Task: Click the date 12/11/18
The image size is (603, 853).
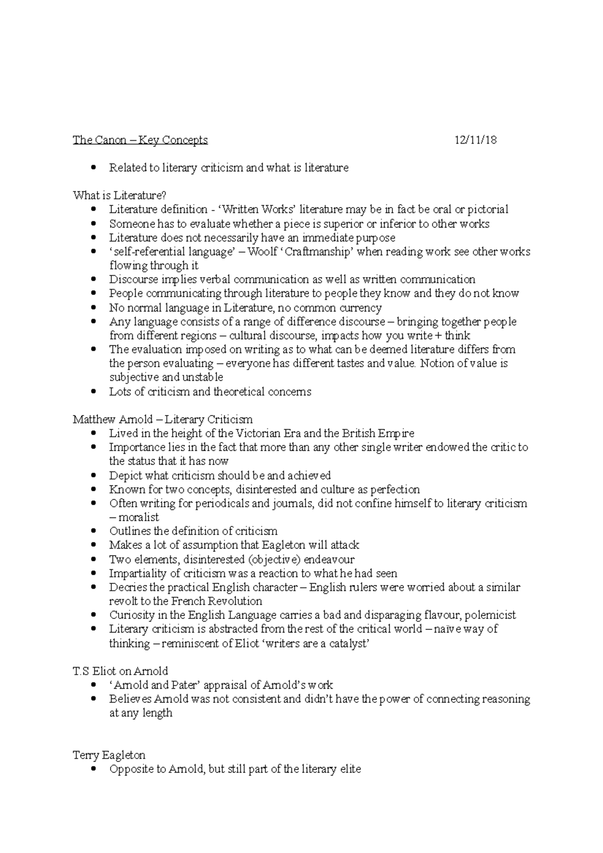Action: point(475,140)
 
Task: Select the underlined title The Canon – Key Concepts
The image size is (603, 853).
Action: point(140,140)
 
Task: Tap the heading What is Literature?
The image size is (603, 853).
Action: point(119,195)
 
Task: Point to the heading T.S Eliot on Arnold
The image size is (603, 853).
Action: point(121,671)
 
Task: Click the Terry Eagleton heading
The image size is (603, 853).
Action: point(109,755)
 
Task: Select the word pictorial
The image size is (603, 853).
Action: point(488,209)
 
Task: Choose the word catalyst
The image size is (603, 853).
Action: point(349,644)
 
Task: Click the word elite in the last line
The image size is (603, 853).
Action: point(350,769)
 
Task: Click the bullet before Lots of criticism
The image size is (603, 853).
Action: point(93,392)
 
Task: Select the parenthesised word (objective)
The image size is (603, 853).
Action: point(274,560)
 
